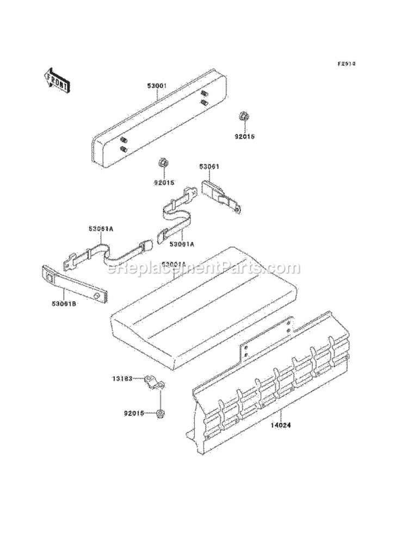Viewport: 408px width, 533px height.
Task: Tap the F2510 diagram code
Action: [346, 64]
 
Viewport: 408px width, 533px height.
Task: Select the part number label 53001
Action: [157, 85]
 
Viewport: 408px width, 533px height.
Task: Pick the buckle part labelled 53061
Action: [222, 196]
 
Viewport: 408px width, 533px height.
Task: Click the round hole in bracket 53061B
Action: [96, 295]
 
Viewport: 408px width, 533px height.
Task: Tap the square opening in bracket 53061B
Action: [50, 279]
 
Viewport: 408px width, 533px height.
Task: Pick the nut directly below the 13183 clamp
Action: [160, 415]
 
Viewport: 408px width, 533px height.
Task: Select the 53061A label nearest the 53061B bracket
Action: [101, 229]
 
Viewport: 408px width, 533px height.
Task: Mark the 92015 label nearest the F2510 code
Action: [244, 137]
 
